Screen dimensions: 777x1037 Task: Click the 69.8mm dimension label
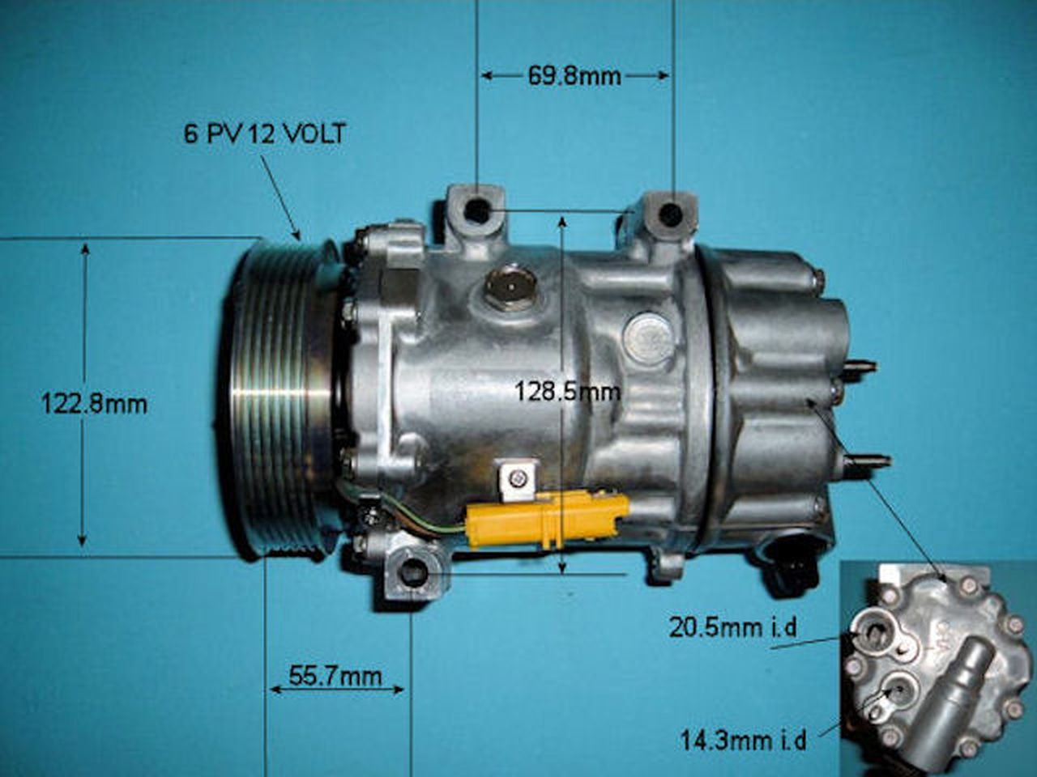click(574, 76)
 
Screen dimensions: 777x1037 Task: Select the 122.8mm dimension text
click(94, 403)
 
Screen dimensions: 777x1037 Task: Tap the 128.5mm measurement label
click(567, 392)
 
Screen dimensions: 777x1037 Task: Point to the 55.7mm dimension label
click(335, 676)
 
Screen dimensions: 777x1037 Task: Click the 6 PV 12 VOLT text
click(264, 134)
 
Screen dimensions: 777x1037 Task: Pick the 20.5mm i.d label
click(733, 626)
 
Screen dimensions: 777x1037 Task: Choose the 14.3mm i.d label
click(743, 740)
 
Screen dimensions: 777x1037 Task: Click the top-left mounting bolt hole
click(478, 211)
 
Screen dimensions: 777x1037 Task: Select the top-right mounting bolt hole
click(671, 214)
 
